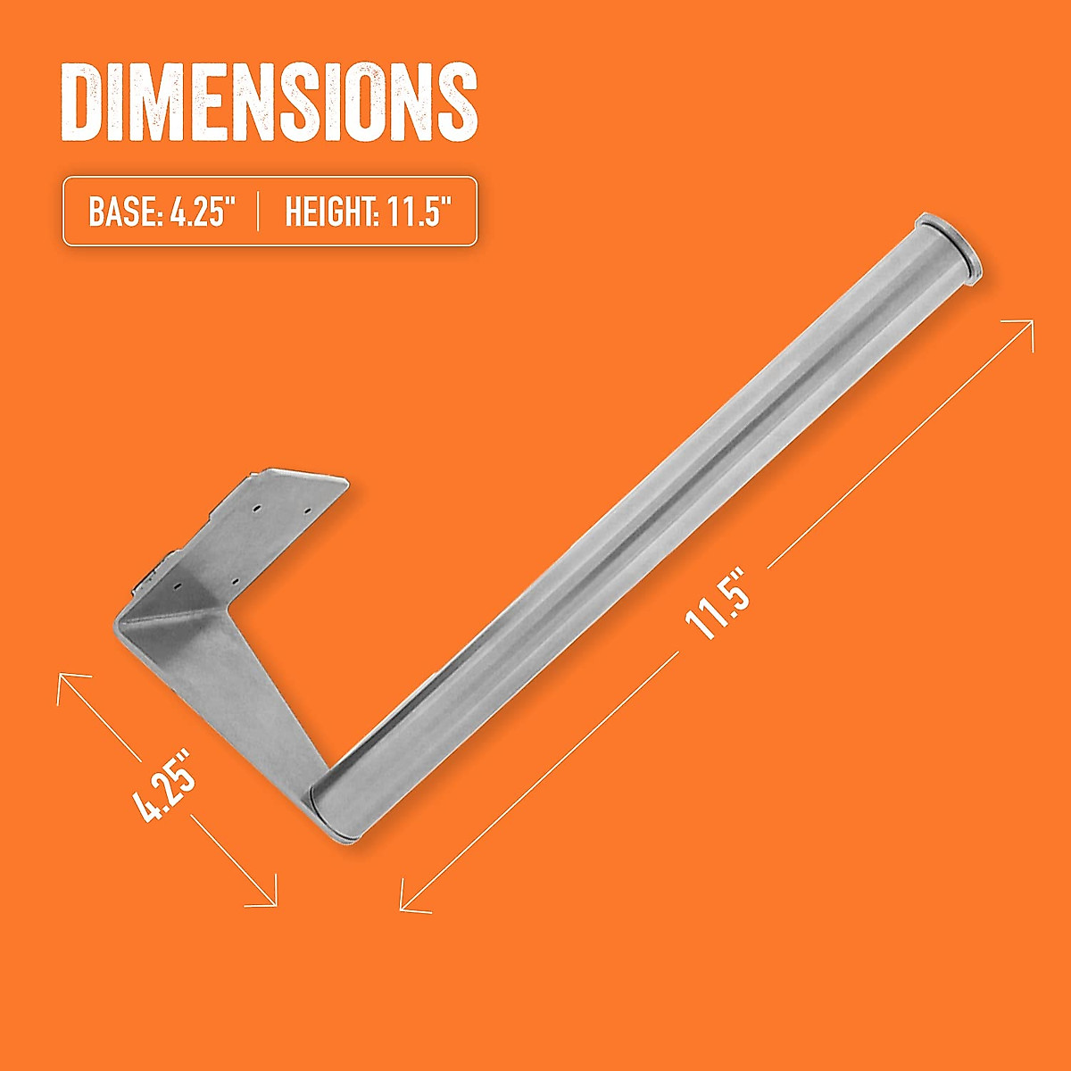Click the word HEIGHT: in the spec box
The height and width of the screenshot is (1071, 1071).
pyautogui.click(x=321, y=212)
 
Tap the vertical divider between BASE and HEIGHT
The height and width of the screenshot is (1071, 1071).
pyautogui.click(x=258, y=212)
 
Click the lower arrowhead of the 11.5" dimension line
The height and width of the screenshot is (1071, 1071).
pyautogui.click(x=407, y=905)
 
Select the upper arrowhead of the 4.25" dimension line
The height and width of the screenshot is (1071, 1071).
pyautogui.click(x=64, y=680)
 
